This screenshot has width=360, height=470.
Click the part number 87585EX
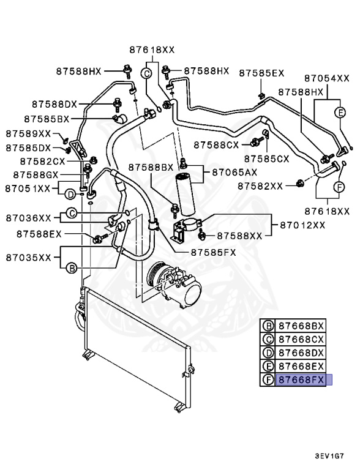point(261,73)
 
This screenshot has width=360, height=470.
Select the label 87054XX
point(327,78)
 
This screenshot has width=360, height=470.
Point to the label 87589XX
point(28,133)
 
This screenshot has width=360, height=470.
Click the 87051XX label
point(28,188)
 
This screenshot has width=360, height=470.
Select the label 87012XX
point(302,225)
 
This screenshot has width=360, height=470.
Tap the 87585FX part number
point(212,252)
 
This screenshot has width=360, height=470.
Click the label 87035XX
point(28,257)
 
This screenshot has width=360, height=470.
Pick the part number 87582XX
point(260,185)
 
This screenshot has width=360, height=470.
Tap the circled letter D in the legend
point(268,352)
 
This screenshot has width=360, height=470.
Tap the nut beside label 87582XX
point(300,182)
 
